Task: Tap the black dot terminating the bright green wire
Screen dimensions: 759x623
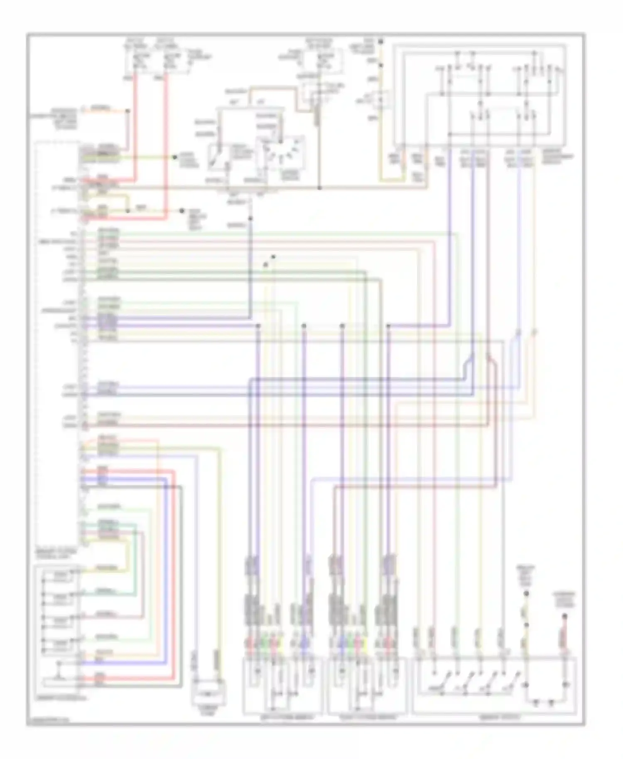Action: coord(174,157)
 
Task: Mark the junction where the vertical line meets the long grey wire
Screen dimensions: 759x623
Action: coord(319,188)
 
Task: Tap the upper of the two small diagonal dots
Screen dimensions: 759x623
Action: coord(273,257)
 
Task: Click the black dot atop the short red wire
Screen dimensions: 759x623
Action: coord(564,617)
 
